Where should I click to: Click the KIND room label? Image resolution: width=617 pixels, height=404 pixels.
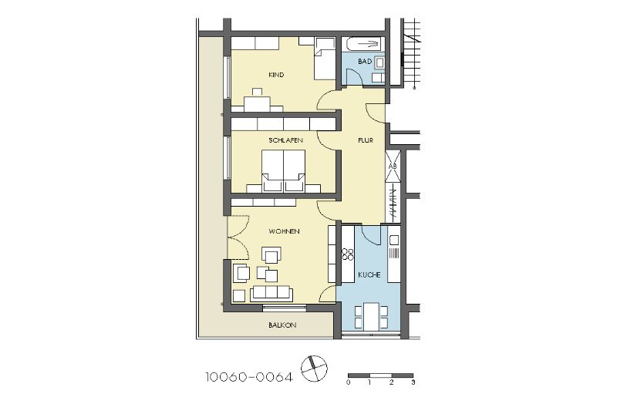[x=276, y=75]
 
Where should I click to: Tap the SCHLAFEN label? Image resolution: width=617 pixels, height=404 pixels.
[x=285, y=140]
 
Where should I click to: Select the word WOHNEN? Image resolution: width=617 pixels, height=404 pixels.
[x=284, y=231]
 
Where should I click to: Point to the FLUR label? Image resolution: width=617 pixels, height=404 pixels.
[x=366, y=140]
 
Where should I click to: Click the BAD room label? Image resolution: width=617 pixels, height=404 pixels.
[x=365, y=62]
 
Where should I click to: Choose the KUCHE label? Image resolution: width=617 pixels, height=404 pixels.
[x=369, y=275]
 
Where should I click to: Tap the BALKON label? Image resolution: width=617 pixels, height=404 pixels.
[x=282, y=325]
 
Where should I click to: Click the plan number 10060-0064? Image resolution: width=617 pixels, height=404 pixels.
[x=249, y=377]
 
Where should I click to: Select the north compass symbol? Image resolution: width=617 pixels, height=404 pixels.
[x=314, y=369]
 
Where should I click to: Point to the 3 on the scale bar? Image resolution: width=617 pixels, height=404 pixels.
[x=413, y=382]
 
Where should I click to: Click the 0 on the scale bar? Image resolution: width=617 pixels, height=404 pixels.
[x=349, y=382]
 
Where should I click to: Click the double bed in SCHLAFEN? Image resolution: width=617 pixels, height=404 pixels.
[x=283, y=170]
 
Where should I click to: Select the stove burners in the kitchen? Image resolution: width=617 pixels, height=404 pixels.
[x=348, y=254]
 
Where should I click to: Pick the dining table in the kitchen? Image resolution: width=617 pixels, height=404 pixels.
[x=371, y=316]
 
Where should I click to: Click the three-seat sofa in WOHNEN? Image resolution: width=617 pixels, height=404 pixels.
[x=271, y=293]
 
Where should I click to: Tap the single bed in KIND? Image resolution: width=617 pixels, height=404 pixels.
[x=325, y=59]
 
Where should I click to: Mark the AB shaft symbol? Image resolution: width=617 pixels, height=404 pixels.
[x=393, y=166]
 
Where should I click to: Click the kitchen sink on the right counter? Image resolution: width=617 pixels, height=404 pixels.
[x=394, y=239]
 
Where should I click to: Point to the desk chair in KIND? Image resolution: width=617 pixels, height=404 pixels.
[x=258, y=93]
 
